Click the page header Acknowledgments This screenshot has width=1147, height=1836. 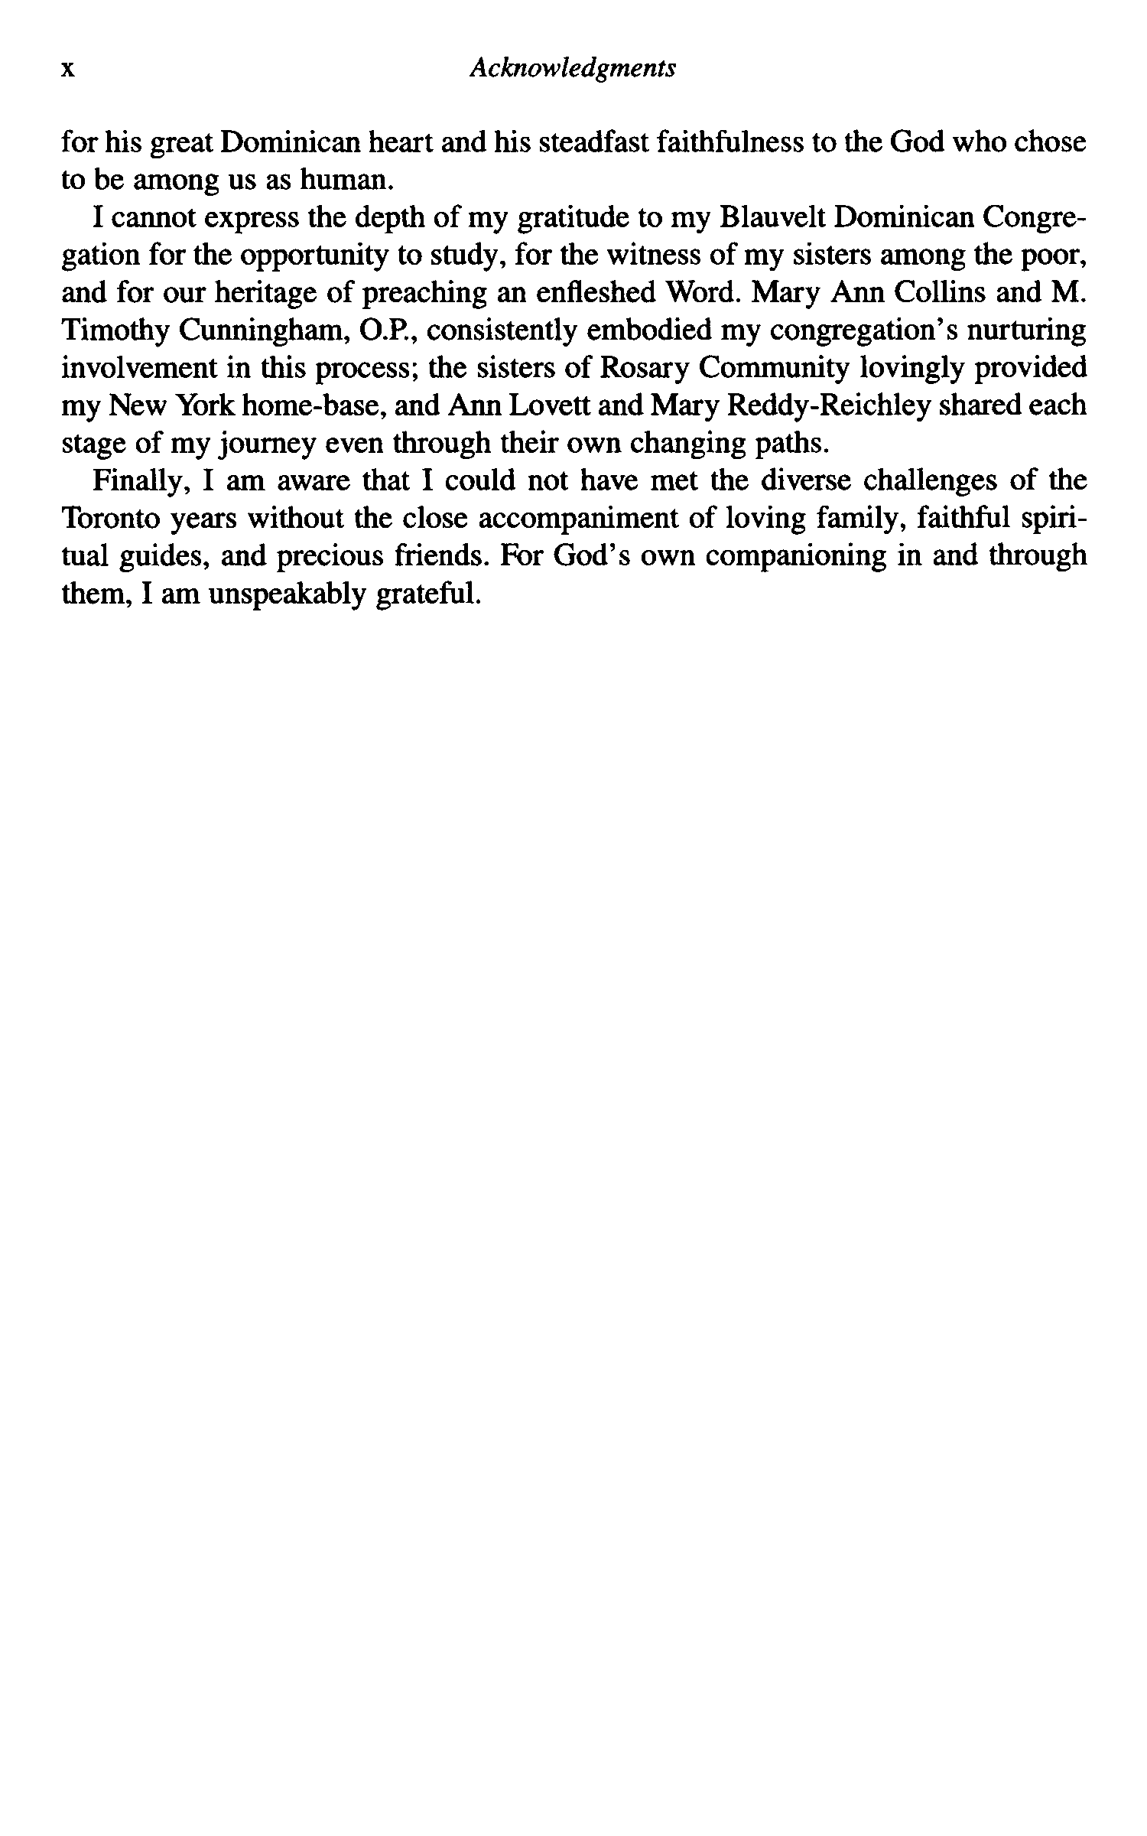click(x=573, y=69)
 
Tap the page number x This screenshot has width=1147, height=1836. click(x=68, y=70)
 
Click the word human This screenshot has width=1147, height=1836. click(x=346, y=181)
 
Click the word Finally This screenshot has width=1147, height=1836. click(x=140, y=481)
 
